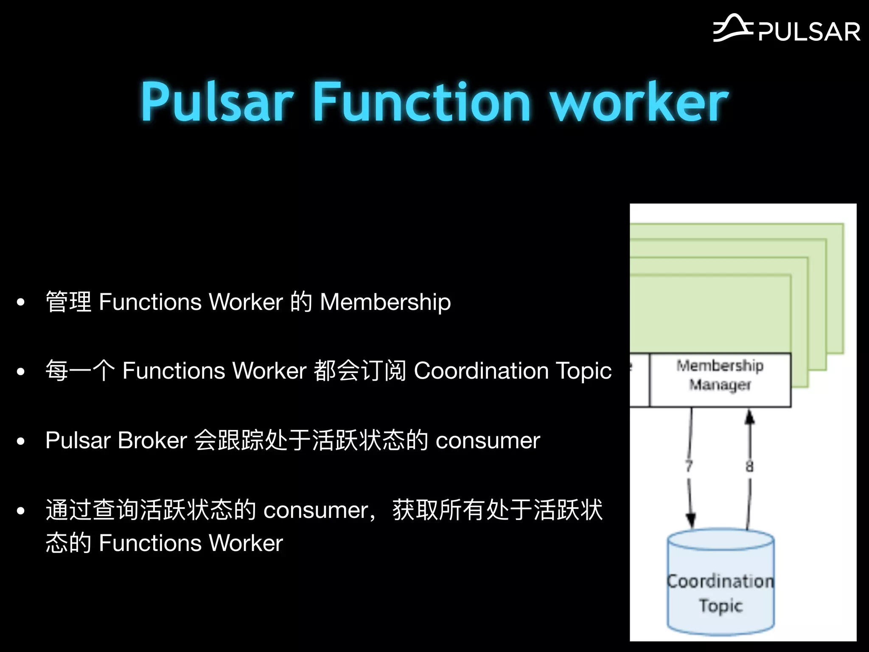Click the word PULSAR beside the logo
point(810,32)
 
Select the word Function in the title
point(422,102)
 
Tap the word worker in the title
point(639,102)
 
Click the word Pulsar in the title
point(217,102)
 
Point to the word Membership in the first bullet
point(385,302)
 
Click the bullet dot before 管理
point(20,303)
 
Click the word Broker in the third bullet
point(152,440)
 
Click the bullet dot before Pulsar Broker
point(20,441)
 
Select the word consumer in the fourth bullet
point(316,510)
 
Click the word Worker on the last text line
point(246,543)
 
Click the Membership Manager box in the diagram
point(720,379)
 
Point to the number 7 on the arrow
point(689,466)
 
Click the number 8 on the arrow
point(750,466)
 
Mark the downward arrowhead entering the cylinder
point(691,520)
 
